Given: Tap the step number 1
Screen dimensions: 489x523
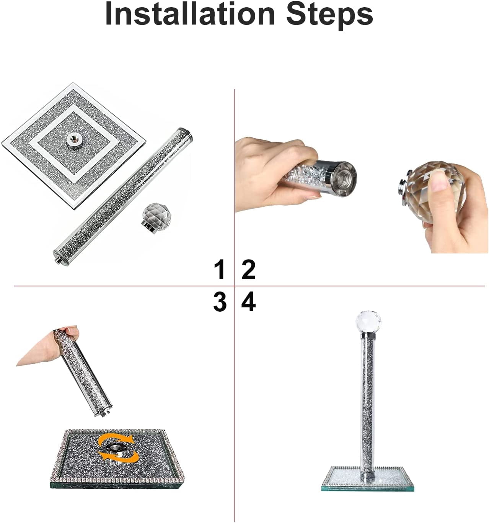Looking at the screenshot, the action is pos(220,269).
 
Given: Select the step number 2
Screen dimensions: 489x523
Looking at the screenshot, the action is pos(248,269).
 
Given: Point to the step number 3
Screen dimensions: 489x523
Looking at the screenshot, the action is pos(220,302).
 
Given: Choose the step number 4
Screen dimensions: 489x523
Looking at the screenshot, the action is pos(248,302).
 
